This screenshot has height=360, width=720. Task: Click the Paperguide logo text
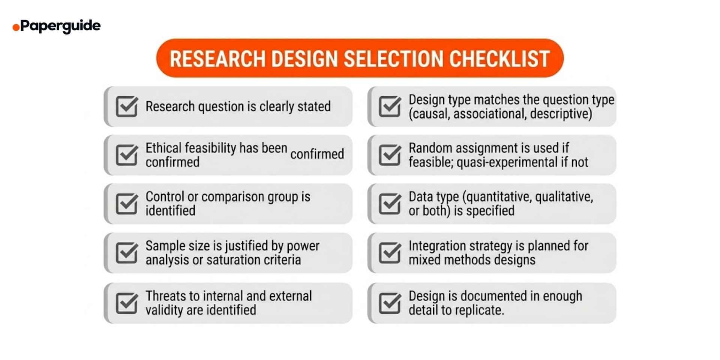[60, 26]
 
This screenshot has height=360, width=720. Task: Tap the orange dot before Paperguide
[16, 27]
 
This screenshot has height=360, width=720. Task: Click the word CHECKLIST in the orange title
[499, 59]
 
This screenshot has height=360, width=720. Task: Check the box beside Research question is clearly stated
[127, 106]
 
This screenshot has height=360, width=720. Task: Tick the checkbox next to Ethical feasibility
[127, 155]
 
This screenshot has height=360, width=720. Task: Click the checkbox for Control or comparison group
[127, 204]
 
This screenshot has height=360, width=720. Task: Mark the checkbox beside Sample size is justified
[127, 253]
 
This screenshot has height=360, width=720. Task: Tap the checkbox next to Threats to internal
[127, 303]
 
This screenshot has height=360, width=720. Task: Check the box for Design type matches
[390, 106]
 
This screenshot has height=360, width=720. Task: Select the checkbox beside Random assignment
[390, 155]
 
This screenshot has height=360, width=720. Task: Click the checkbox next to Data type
[390, 204]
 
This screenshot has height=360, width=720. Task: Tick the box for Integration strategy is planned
[390, 253]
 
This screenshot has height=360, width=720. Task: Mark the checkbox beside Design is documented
[390, 303]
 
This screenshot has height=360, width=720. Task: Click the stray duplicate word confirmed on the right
[317, 154]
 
